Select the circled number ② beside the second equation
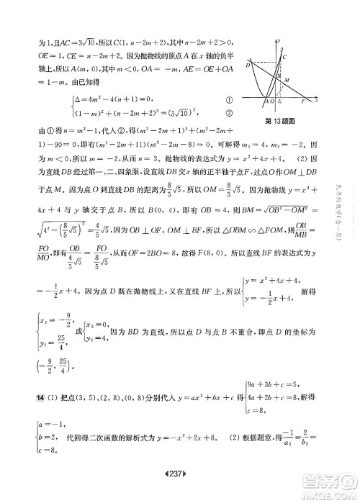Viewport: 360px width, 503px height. coord(230,112)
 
